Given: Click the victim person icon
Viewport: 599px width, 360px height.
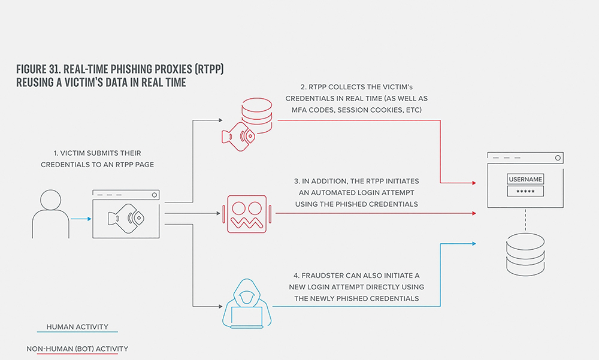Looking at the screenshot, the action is pyautogui.click(x=51, y=214).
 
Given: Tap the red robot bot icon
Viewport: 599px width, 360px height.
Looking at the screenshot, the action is pyautogui.click(x=247, y=214).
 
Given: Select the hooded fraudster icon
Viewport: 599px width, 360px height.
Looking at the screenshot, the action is pyautogui.click(x=247, y=304).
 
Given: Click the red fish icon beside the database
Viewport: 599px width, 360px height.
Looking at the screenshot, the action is pyautogui.click(x=238, y=137).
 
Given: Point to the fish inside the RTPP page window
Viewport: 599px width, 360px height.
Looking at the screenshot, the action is pyautogui.click(x=126, y=218).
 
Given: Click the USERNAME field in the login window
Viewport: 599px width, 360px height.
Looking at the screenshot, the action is pyautogui.click(x=525, y=179).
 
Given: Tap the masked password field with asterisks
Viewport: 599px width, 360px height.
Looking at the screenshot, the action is pyautogui.click(x=525, y=191).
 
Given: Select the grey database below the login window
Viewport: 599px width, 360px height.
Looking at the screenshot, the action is pyautogui.click(x=525, y=255).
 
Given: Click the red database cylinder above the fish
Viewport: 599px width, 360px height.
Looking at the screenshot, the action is pyautogui.click(x=257, y=115).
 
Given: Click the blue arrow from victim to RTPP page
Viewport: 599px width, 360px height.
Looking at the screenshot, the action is pyautogui.click(x=81, y=219).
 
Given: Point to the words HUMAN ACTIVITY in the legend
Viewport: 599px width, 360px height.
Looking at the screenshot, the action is pyautogui.click(x=77, y=326).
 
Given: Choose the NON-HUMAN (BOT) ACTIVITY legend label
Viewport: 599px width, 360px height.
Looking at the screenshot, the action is pyautogui.click(x=77, y=349).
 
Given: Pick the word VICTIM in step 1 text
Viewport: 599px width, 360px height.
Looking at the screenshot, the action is pyautogui.click(x=72, y=153).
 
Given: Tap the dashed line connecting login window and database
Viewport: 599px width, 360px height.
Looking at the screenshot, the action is pyautogui.click(x=525, y=220).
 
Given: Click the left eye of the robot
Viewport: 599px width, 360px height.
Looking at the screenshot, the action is pyautogui.click(x=238, y=208).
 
